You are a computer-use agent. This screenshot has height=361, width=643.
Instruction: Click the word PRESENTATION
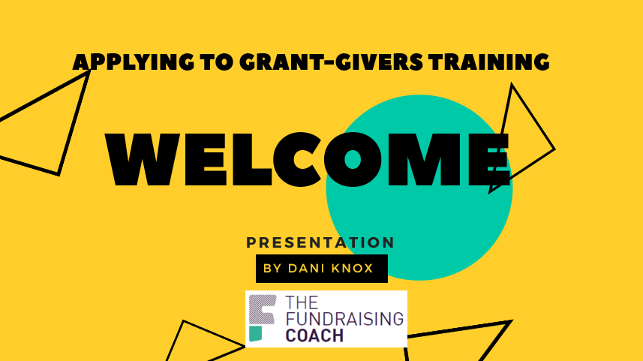coord(320,242)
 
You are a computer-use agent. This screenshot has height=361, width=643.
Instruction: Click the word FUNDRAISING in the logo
coord(344,318)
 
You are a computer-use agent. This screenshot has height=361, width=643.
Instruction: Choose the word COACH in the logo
coord(314,335)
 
